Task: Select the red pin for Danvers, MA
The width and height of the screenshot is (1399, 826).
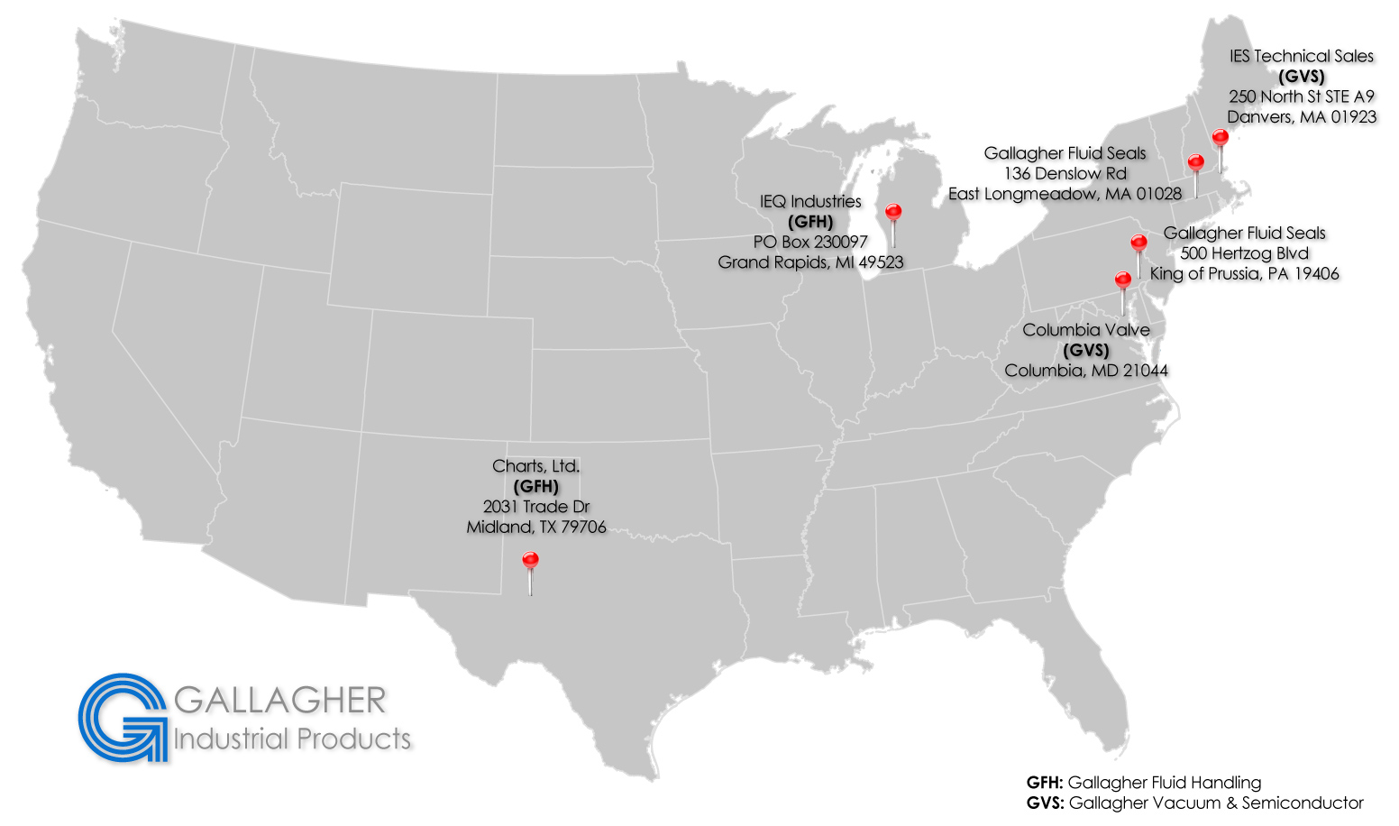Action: pos(1220,138)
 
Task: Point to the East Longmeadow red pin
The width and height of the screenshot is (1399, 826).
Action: pos(1195,163)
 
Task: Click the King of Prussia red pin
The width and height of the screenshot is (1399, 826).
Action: pos(1138,243)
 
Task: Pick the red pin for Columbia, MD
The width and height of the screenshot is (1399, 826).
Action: pos(1122,280)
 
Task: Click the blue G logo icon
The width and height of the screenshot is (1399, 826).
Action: pos(123,717)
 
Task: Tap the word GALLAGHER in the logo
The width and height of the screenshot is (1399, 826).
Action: pos(279,701)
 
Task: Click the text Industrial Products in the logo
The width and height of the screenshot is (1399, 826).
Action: pos(292,739)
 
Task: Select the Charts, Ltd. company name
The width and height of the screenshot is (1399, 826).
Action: pos(535,466)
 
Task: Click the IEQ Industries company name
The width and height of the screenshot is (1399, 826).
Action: pos(810,202)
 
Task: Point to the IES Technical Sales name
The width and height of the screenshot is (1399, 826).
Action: pos(1301,56)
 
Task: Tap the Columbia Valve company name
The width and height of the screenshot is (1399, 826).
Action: pos(1085,330)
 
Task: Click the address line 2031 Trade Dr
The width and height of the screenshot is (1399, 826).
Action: pos(535,507)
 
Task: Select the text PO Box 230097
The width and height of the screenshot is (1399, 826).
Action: pos(810,242)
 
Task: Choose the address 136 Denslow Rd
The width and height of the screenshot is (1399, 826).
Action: pos(1065,173)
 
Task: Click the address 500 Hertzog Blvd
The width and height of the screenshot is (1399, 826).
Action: pos(1244,253)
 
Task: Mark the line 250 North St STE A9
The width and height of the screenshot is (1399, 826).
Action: pos(1301,96)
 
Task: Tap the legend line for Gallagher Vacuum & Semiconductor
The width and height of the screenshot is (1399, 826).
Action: pos(1194,803)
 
